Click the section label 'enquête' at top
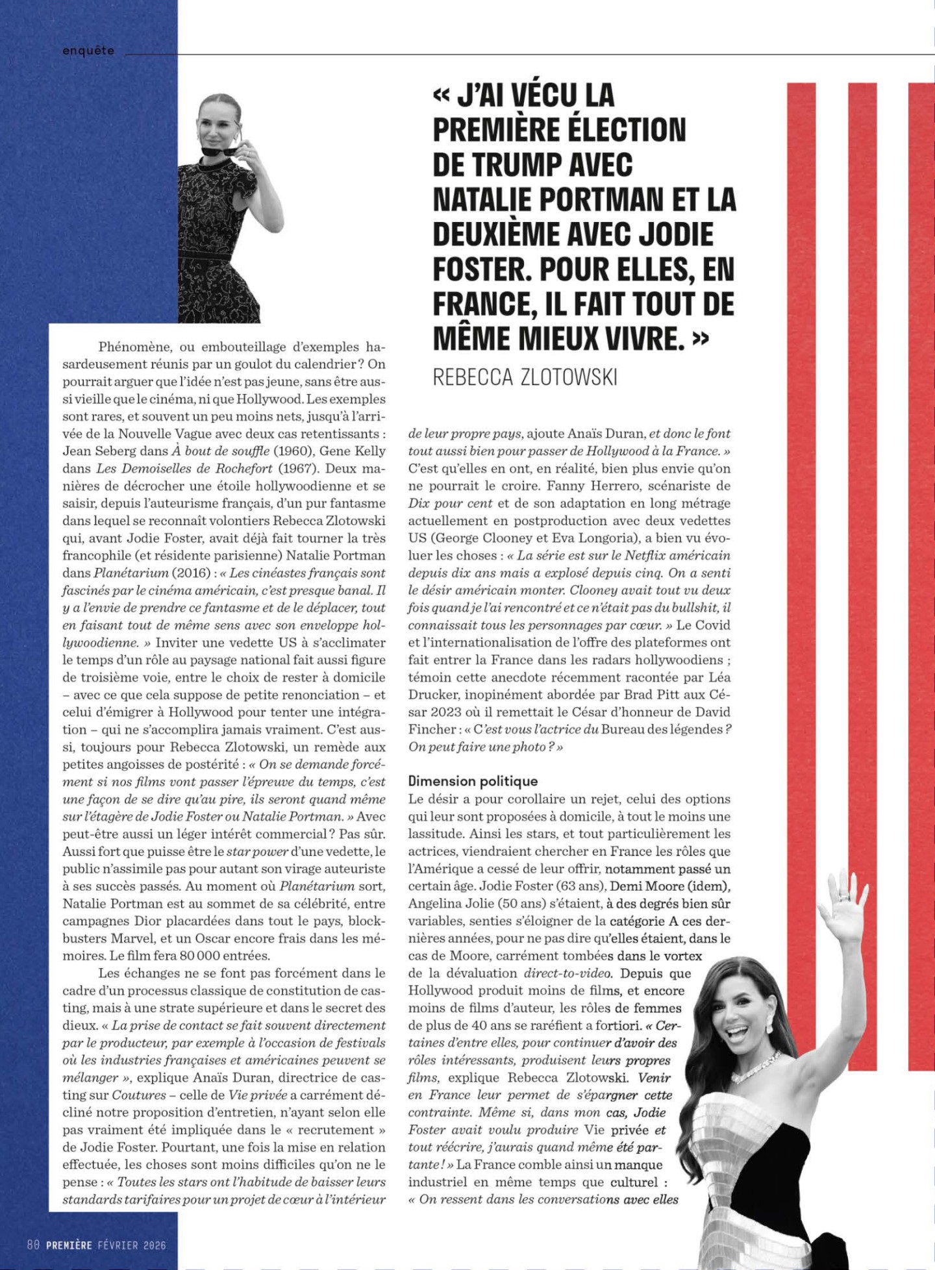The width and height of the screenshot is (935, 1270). tap(88, 51)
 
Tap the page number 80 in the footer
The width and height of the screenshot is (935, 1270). tap(34, 1245)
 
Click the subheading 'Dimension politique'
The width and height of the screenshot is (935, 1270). tap(473, 781)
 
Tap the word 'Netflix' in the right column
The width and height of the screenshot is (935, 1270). tap(643, 556)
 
